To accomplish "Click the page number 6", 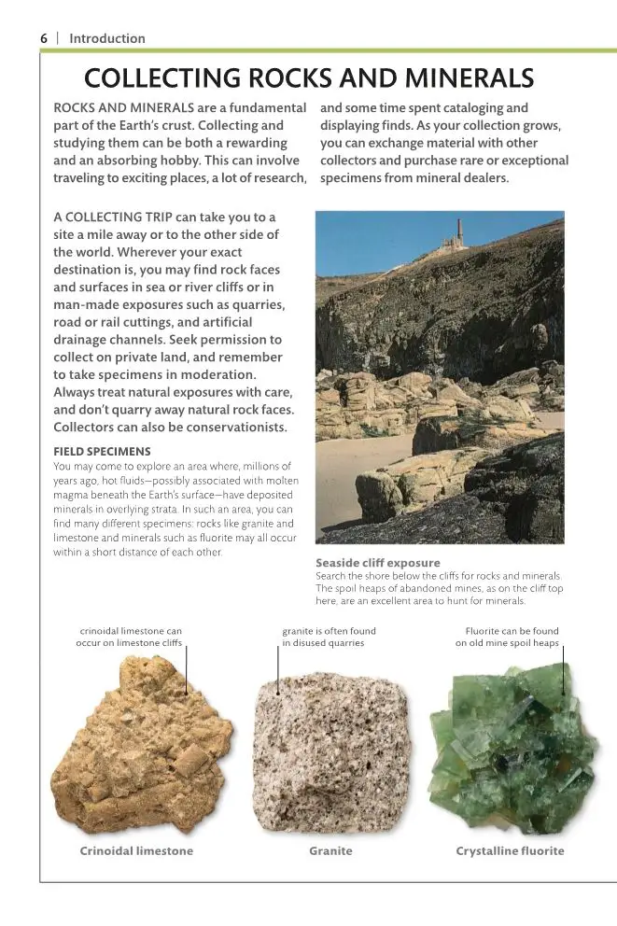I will pyautogui.click(x=43, y=38).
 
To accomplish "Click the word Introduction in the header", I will pyautogui.click(x=107, y=38).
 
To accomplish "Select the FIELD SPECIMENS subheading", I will pyautogui.click(x=102, y=452).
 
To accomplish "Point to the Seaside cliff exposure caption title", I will pyautogui.click(x=377, y=563).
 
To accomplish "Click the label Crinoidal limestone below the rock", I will pyautogui.click(x=136, y=850).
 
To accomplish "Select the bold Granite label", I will pyautogui.click(x=330, y=850).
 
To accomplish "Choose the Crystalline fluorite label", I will pyautogui.click(x=510, y=850).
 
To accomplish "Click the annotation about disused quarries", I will pyautogui.click(x=329, y=637).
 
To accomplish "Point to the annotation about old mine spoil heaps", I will pyautogui.click(x=507, y=637).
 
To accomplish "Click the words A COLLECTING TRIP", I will pyautogui.click(x=112, y=217).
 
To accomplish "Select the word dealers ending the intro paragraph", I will pyautogui.click(x=484, y=177).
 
